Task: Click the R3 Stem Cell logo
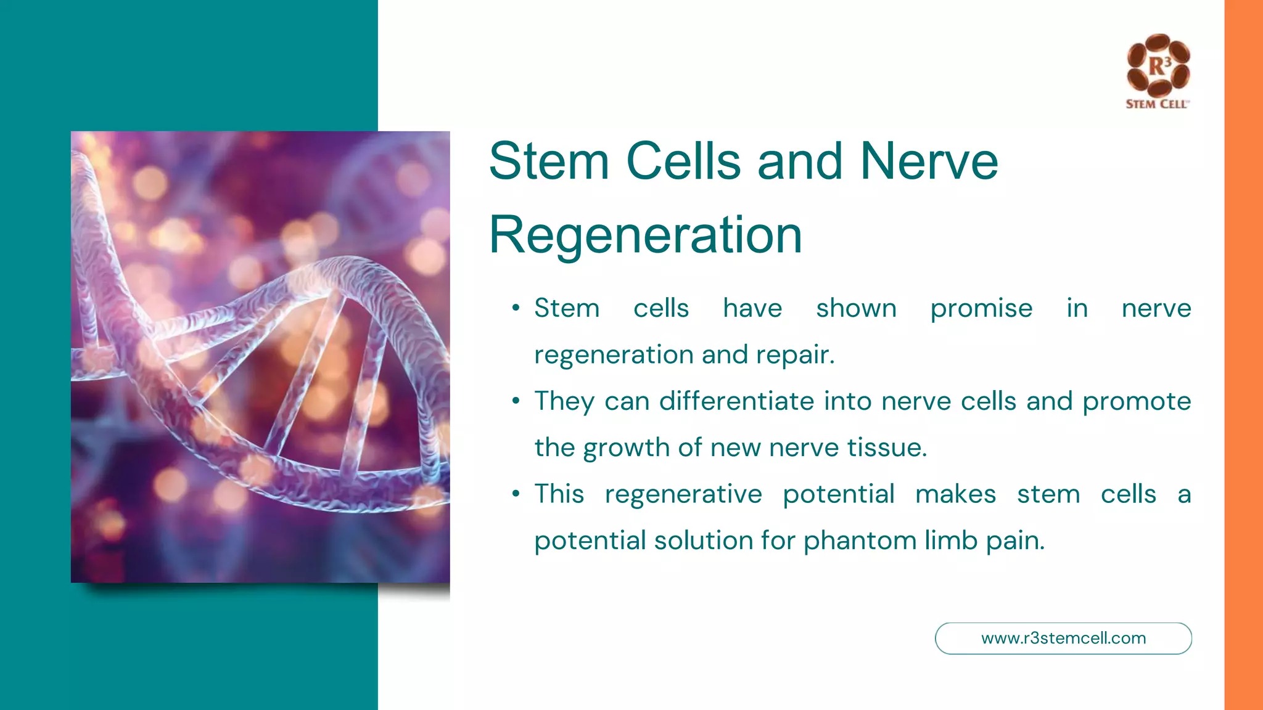pyautogui.click(x=1158, y=71)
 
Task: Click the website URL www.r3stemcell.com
pyautogui.click(x=1063, y=639)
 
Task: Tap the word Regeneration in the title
pyautogui.click(x=645, y=235)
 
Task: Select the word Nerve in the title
pyautogui.click(x=929, y=161)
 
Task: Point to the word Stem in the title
pyautogui.click(x=549, y=161)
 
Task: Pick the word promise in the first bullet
pyautogui.click(x=981, y=308)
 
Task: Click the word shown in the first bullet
pyautogui.click(x=856, y=308)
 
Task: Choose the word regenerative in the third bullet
pyautogui.click(x=683, y=494)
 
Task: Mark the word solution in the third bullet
pyautogui.click(x=703, y=541)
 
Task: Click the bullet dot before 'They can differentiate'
pyautogui.click(x=516, y=401)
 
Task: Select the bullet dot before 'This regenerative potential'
pyautogui.click(x=516, y=494)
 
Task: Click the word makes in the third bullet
pyautogui.click(x=955, y=494)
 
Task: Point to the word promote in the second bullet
pyautogui.click(x=1137, y=402)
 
